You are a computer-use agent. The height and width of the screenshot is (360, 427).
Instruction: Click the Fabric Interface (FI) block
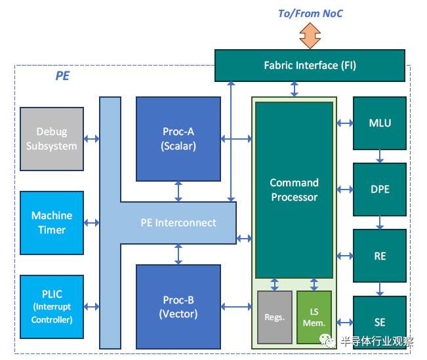pos(310,65)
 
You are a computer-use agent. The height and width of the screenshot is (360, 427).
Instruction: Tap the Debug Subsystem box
pos(52,139)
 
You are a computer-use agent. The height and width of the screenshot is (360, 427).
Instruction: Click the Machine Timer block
pos(52,223)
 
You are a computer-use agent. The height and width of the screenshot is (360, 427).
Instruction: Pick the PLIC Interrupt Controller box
pos(52,307)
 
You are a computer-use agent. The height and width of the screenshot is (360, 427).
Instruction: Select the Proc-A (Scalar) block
pos(178,138)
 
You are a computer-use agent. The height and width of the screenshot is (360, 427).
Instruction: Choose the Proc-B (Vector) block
pos(178,307)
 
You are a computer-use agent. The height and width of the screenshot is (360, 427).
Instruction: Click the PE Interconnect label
pos(178,222)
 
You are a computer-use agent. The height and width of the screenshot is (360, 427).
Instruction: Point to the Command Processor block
pos(294,190)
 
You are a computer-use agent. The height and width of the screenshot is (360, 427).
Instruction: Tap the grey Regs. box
pos(275,317)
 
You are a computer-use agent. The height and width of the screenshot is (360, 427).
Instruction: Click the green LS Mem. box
pos(314,317)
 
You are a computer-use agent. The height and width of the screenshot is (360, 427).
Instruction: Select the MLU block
pos(380,123)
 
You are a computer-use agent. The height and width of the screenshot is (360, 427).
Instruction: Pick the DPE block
pos(380,190)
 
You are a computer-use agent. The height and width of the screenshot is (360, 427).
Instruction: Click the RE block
pos(380,256)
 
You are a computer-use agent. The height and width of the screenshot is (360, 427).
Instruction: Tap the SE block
pos(380,322)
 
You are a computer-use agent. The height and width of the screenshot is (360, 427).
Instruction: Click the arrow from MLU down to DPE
pos(380,156)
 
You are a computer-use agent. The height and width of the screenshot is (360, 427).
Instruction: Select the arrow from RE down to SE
pos(380,289)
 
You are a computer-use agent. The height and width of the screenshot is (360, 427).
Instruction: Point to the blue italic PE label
pos(62,76)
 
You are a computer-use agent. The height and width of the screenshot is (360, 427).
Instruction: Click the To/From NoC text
pos(310,13)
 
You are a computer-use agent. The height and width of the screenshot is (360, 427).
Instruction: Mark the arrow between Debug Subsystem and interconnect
pos(92,139)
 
